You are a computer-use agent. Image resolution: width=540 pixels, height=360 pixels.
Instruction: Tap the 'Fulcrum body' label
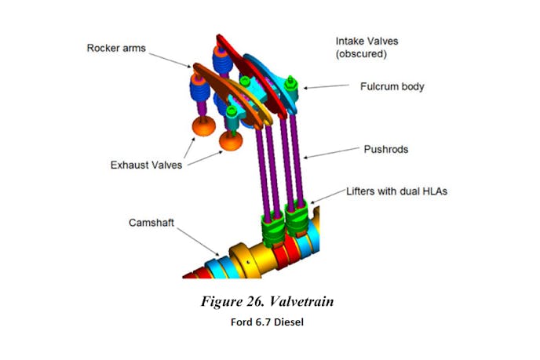pyautogui.click(x=392, y=86)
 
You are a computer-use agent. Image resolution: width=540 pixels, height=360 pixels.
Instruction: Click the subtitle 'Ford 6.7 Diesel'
pyautogui.click(x=268, y=321)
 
